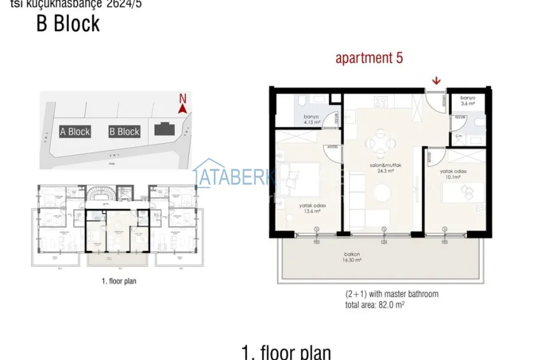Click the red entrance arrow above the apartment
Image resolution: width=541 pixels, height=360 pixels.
[436, 80]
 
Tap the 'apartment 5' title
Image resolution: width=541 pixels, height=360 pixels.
[369, 58]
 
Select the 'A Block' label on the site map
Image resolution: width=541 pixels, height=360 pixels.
[74, 132]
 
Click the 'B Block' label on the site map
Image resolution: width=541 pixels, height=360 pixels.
[124, 132]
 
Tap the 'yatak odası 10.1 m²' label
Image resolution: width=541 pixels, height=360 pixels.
[453, 174]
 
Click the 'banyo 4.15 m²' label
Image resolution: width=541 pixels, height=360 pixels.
[311, 120]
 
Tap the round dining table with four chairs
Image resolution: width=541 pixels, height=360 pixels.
[381, 143]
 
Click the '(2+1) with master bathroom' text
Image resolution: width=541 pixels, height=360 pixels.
[391, 294]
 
